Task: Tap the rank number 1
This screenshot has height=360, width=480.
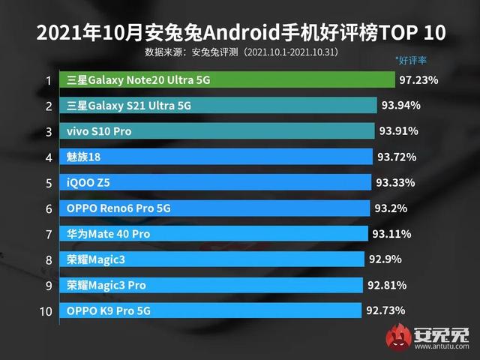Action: pos(48,80)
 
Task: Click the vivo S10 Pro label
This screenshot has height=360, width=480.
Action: pos(100,131)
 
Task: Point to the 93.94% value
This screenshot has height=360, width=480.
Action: pos(400,105)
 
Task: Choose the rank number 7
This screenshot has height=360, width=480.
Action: pos(48,234)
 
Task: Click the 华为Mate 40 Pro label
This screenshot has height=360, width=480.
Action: pos(108,234)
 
